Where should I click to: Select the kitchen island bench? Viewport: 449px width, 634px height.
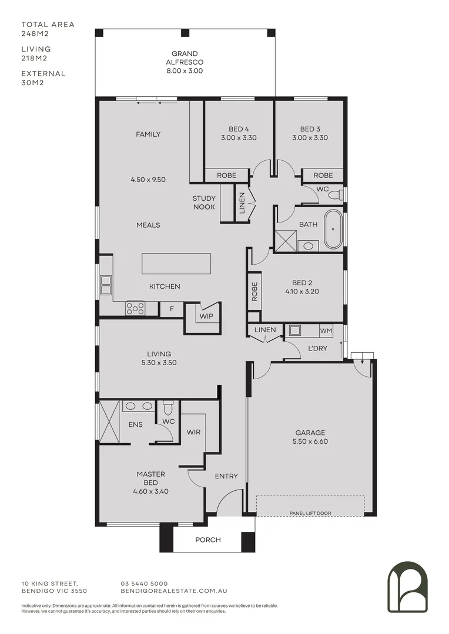176,263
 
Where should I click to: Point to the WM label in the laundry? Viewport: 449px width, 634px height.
326,331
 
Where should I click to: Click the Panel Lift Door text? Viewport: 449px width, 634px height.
310,513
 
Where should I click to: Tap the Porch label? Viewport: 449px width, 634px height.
208,539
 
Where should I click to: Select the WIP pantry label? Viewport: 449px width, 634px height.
206,316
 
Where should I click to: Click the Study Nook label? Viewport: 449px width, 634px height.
204,203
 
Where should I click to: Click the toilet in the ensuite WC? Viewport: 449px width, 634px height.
168,406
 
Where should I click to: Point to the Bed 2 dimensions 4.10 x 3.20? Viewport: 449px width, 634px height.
301,291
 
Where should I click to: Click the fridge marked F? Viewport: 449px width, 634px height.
172,308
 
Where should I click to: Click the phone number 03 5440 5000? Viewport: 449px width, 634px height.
144,584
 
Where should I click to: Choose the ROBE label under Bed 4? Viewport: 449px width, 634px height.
226,176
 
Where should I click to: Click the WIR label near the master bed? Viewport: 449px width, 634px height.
193,432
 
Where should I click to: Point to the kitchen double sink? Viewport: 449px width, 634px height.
106,285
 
